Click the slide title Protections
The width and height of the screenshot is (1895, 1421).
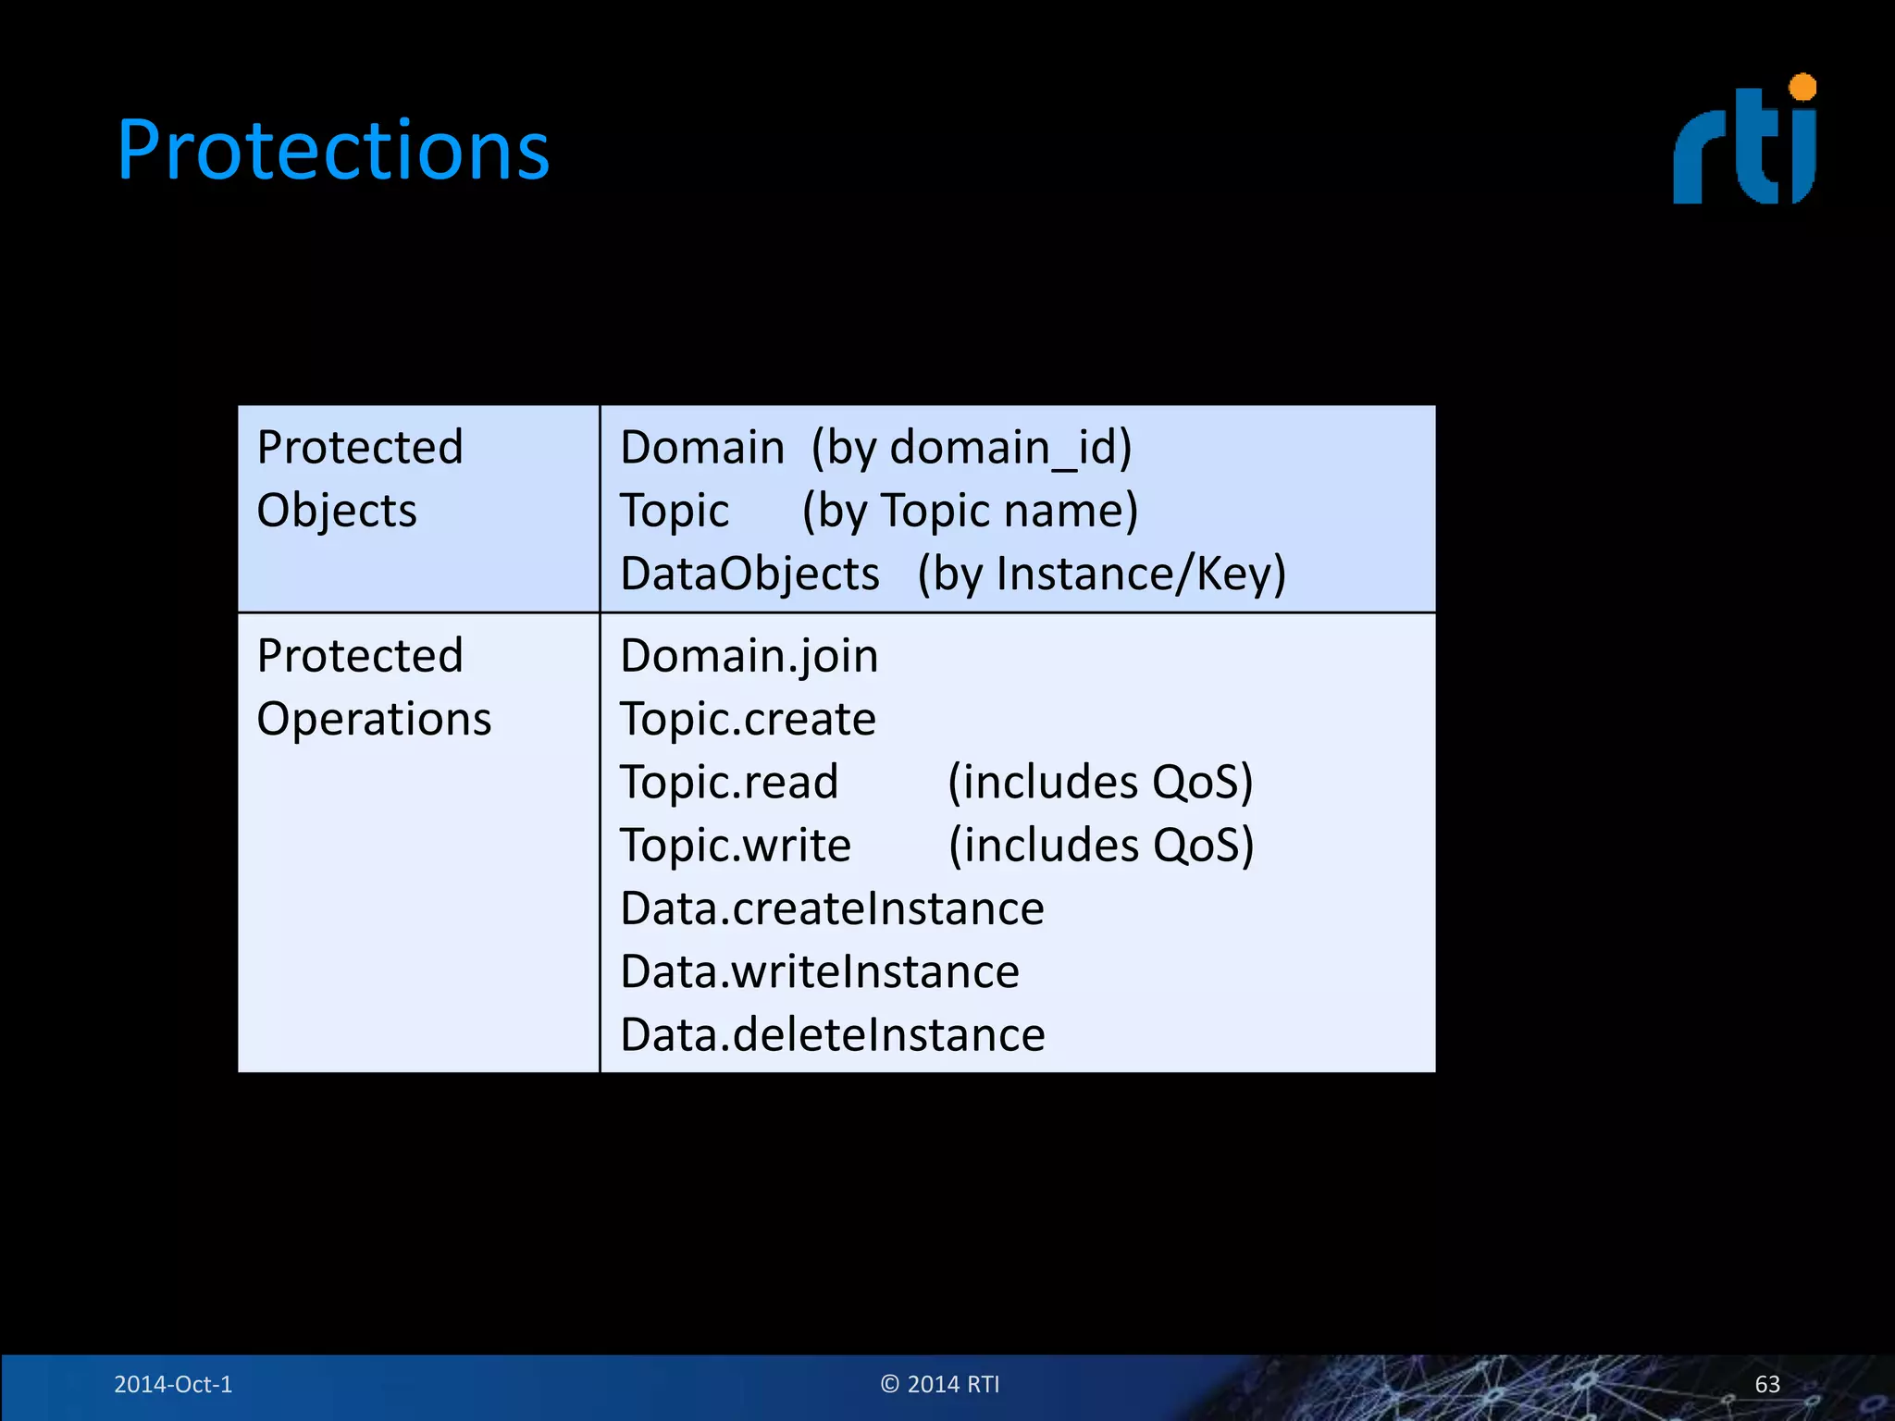pos(333,150)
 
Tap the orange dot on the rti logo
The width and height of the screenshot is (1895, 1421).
pos(1802,88)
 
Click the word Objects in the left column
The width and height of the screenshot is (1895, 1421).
pos(337,512)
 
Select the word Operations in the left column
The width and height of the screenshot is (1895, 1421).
pos(374,720)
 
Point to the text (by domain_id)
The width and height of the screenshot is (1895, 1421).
pos(972,449)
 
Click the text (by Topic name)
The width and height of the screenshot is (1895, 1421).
pos(970,512)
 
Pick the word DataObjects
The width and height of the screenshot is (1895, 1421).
pos(749,575)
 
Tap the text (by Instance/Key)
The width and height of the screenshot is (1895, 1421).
pos(1101,575)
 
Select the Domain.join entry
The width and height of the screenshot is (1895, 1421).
pos(749,657)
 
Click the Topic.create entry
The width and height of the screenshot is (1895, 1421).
pos(748,720)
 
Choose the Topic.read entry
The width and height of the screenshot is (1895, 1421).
pos(729,783)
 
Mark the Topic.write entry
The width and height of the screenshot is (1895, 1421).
pos(736,846)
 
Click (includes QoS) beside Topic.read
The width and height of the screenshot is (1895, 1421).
pos(1100,783)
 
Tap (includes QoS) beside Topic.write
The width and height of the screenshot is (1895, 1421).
pos(1101,846)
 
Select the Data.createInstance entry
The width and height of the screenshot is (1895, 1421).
pos(832,908)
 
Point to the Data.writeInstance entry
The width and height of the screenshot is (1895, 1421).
pos(820,972)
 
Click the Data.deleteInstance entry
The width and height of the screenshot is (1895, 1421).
pos(833,1035)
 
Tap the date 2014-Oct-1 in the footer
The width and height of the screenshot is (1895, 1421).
pos(173,1384)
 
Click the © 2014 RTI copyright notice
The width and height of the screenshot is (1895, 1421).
pos(940,1384)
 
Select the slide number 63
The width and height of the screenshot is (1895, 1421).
pos(1767,1384)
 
